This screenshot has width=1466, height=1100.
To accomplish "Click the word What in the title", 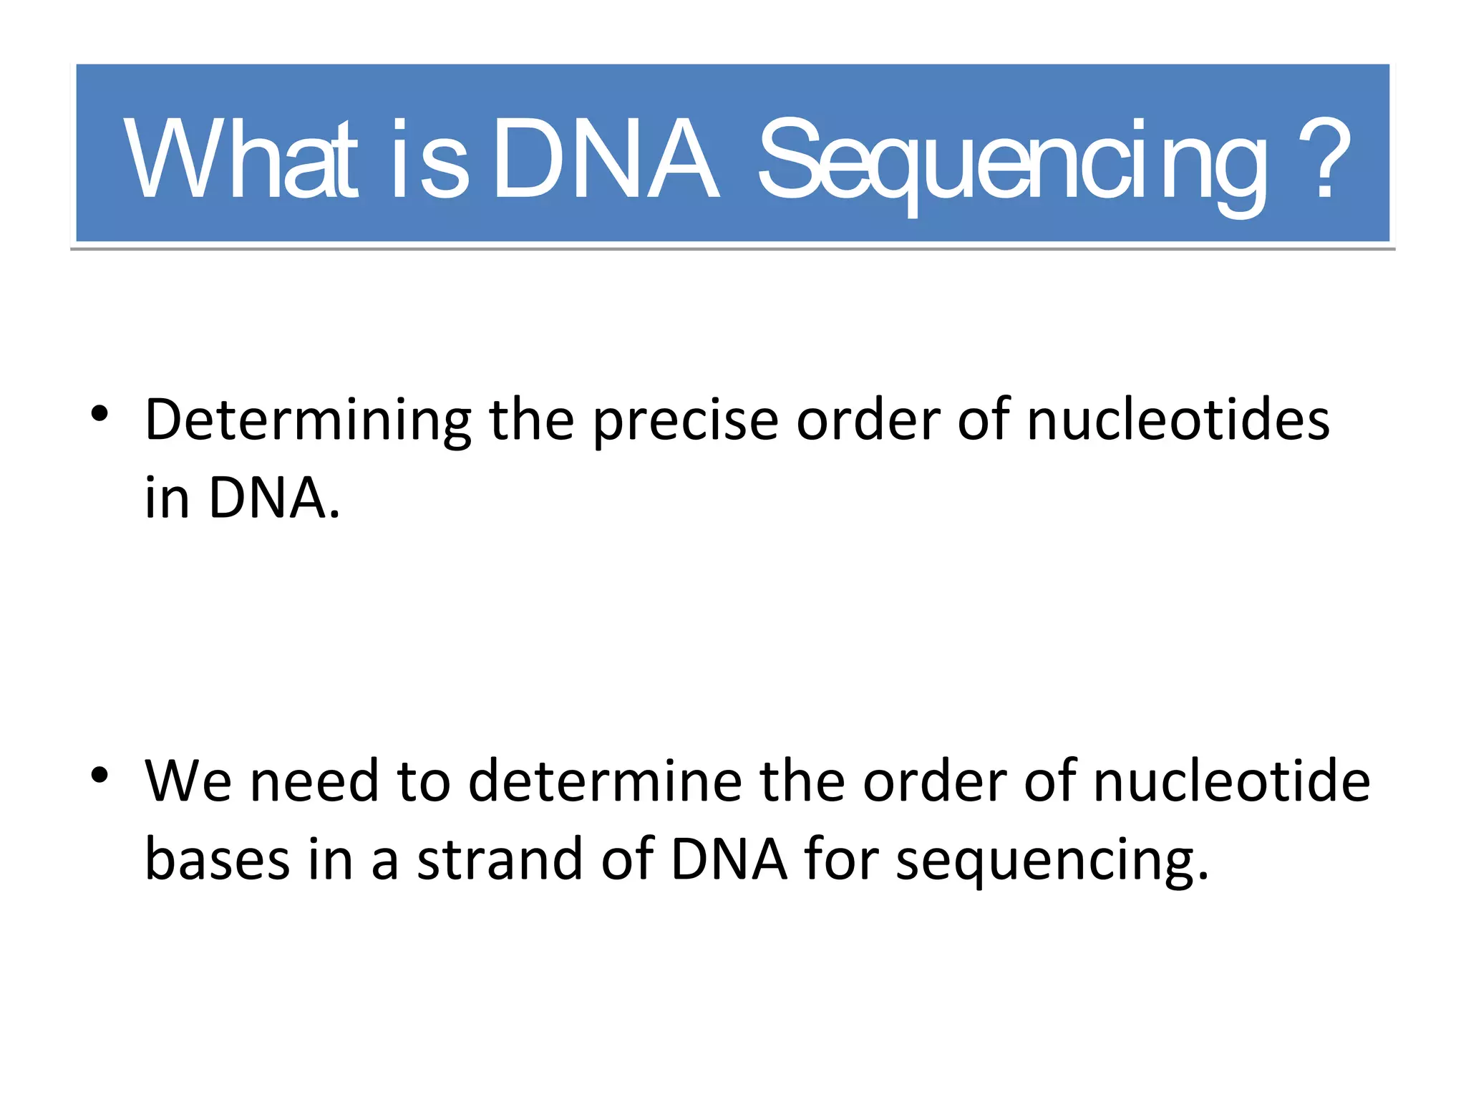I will coord(240,159).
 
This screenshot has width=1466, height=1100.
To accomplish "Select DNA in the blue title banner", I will coord(606,159).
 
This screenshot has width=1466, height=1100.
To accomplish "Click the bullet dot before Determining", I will coord(99,413).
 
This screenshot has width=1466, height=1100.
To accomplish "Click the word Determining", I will coord(308,420).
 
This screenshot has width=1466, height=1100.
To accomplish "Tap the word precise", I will coord(685,420).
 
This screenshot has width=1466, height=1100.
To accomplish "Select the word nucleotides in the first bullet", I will coord(1178,420).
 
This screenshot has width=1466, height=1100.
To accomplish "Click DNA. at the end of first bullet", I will coord(274,498).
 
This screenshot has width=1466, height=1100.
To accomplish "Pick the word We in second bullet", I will coord(188,781).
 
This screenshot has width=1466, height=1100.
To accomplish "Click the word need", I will coord(314,781).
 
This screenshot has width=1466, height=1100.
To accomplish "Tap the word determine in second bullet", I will coord(605,781).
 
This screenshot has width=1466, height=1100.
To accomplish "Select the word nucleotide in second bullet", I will coord(1231,781).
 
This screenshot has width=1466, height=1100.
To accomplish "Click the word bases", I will coord(218,859).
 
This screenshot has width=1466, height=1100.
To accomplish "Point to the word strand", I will coord(500,859).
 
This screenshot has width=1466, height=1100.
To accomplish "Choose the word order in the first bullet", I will coord(868,420).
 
